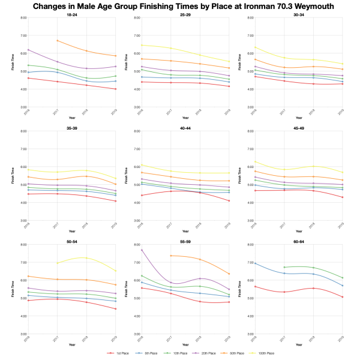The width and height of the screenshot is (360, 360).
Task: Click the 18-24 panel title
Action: pyautogui.click(x=71, y=14)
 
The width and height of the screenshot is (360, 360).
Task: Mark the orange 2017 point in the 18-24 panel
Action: pyautogui.click(x=57, y=41)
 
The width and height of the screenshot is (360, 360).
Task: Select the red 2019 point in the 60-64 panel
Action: pyautogui.click(x=342, y=297)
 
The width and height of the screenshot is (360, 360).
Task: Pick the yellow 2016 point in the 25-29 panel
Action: pyautogui.click(x=141, y=45)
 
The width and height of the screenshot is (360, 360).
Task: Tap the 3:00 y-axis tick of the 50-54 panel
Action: pyautogui.click(x=20, y=334)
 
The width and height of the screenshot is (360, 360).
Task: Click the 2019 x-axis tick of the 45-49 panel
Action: pyautogui.click(x=341, y=224)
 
